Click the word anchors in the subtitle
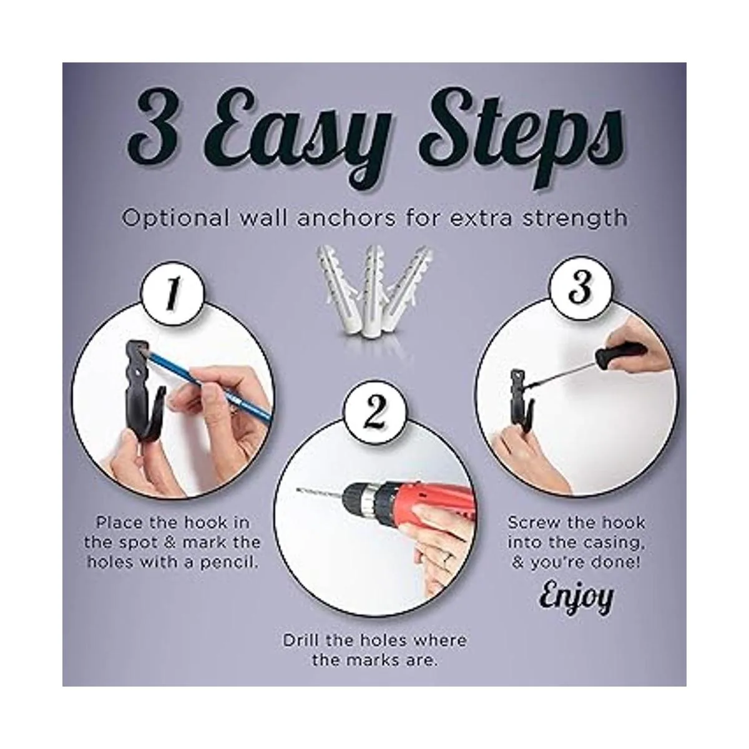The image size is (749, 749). point(346,218)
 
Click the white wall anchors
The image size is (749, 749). point(374,291)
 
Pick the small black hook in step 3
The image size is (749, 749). point(524,400)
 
